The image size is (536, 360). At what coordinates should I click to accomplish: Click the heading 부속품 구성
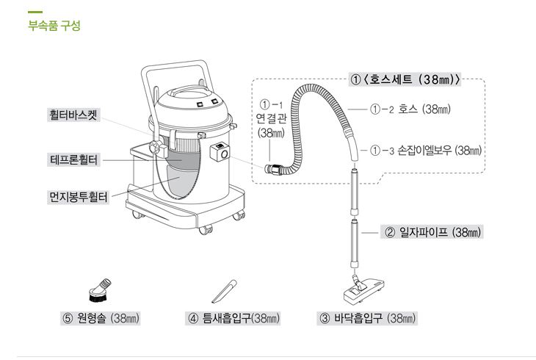point(53,26)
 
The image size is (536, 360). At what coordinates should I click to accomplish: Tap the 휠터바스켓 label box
point(73,116)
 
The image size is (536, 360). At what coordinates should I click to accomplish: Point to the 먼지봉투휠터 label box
point(77,197)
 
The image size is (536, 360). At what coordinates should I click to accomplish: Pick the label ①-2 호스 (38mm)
point(410,109)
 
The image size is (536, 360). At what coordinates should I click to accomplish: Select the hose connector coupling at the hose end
point(274,169)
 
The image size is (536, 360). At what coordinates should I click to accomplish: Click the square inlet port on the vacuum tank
point(220,153)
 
